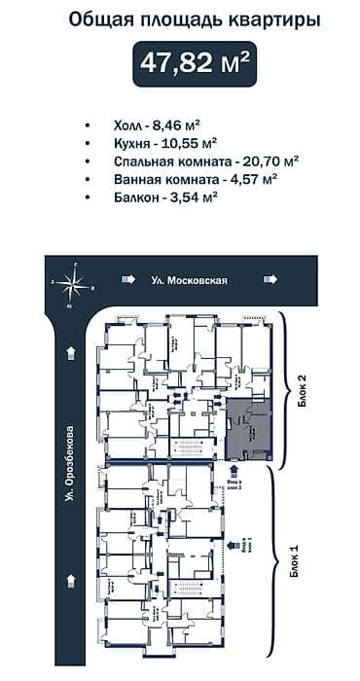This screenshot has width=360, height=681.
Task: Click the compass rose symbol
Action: [70, 282]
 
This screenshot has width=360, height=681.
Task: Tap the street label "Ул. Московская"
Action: [189, 281]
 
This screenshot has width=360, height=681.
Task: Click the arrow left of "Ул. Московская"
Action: [127, 281]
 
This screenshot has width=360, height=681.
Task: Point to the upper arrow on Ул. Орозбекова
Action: [70, 352]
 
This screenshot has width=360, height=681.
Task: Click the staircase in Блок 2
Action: [190, 448]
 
